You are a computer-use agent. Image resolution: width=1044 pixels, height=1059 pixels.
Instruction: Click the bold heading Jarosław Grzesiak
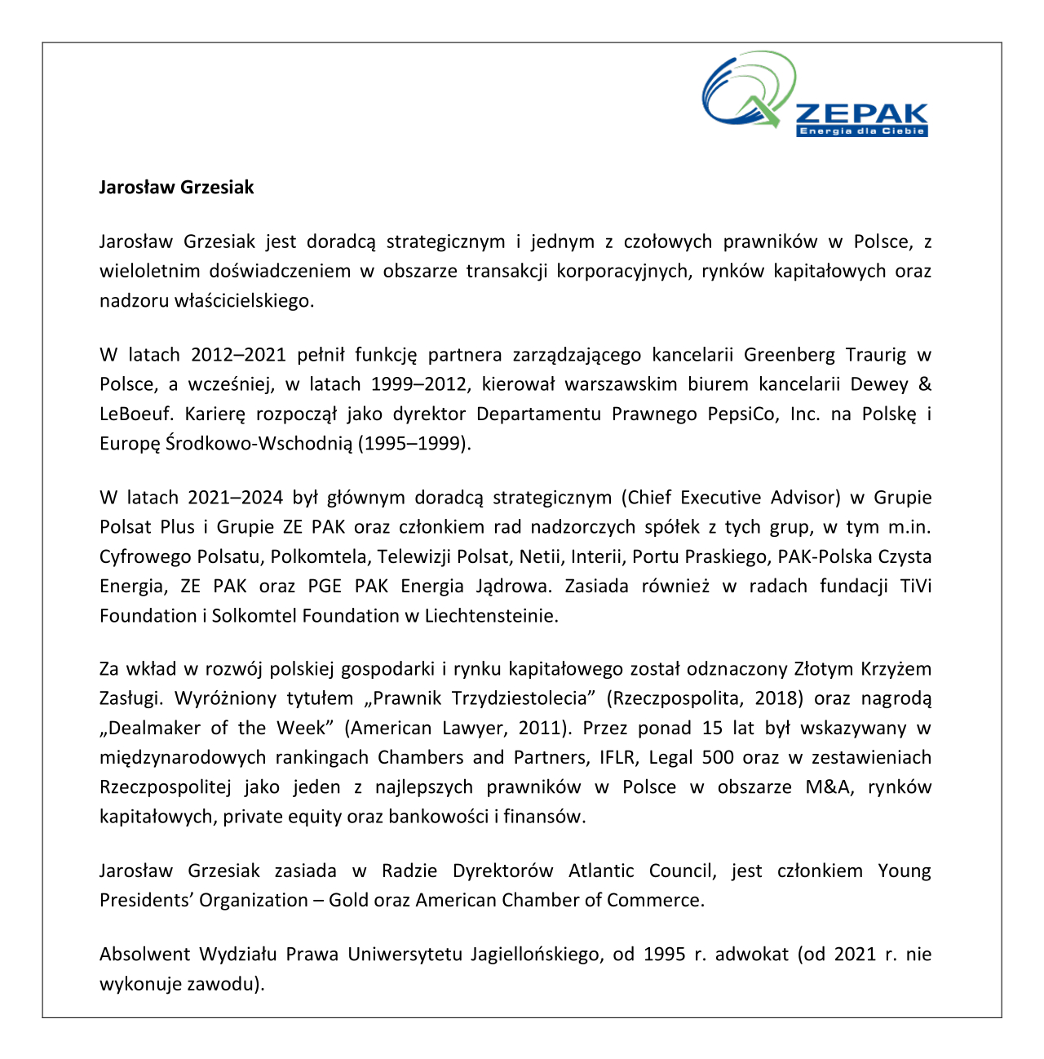pos(176,188)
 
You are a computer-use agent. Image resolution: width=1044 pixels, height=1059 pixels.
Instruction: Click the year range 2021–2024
pos(236,498)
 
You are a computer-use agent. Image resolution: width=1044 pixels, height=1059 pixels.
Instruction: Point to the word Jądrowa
pos(506,586)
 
